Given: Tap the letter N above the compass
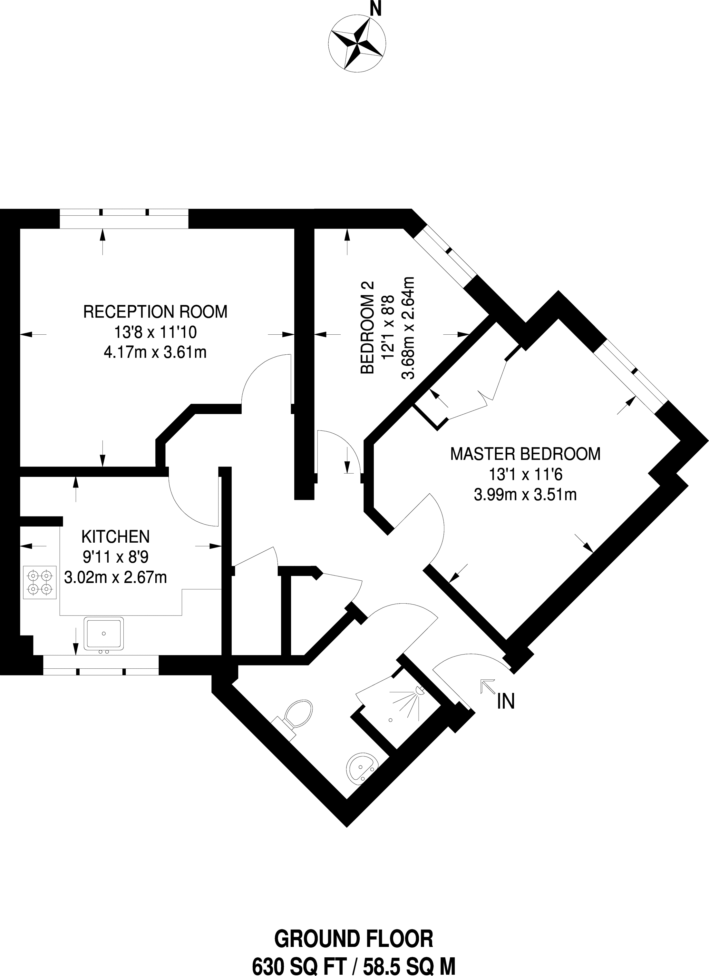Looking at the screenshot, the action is click(x=376, y=9).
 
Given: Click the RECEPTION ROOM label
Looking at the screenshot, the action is click(x=155, y=311).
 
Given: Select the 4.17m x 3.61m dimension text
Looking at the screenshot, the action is click(x=155, y=353).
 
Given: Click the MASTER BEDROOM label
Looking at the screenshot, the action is click(x=525, y=454).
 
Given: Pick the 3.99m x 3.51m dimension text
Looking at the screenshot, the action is click(x=525, y=495).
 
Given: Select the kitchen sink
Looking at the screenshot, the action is click(x=104, y=634).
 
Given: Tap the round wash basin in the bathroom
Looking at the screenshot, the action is click(x=361, y=768).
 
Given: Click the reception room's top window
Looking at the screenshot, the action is click(x=124, y=218).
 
